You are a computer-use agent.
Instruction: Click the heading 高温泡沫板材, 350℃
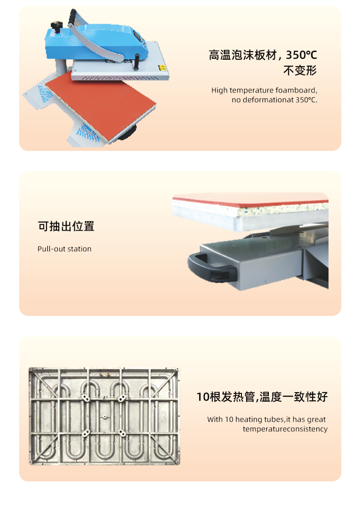point(263,55)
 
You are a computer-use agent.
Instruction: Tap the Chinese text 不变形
point(300,70)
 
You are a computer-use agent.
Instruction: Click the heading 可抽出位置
point(66,226)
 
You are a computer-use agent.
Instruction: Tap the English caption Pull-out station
point(64,248)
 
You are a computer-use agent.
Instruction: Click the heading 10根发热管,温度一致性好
point(262,397)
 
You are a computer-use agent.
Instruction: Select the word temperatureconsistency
point(285,429)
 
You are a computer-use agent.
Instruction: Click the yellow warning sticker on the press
point(162,68)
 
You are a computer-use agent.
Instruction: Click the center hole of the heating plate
point(105,417)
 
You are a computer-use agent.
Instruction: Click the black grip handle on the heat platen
point(135,62)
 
